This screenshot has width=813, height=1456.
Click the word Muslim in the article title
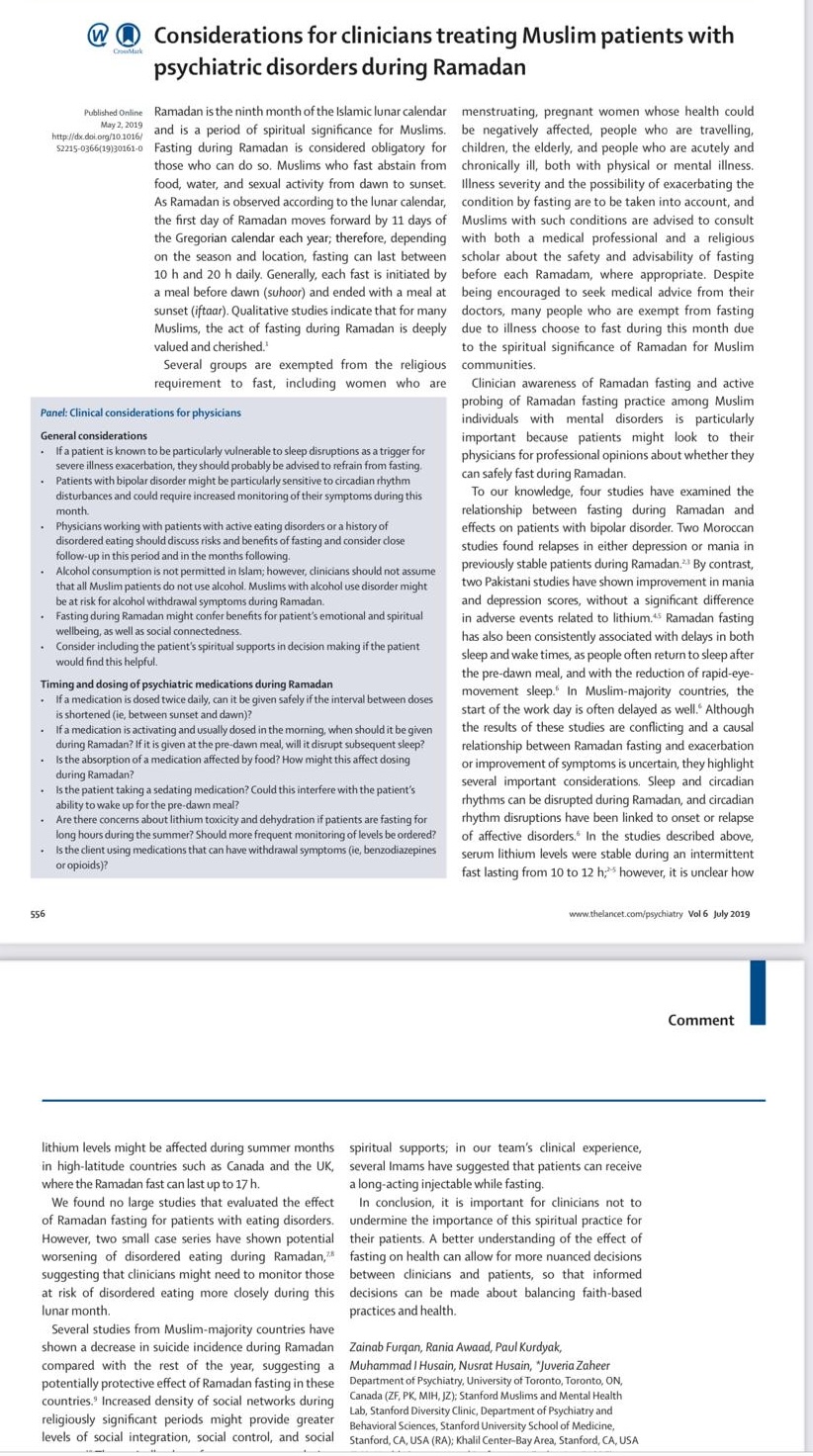point(526,37)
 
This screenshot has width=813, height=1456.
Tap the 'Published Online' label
point(114,114)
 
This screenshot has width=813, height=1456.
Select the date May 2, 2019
point(122,126)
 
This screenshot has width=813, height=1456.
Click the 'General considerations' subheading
point(94,435)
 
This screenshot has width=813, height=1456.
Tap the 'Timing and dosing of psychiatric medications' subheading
point(186,684)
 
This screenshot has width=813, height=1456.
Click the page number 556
point(38,914)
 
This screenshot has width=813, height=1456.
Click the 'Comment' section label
point(700,1020)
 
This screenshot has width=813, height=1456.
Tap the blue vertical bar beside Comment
point(758,992)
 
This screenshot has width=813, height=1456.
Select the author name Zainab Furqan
point(388,1346)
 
